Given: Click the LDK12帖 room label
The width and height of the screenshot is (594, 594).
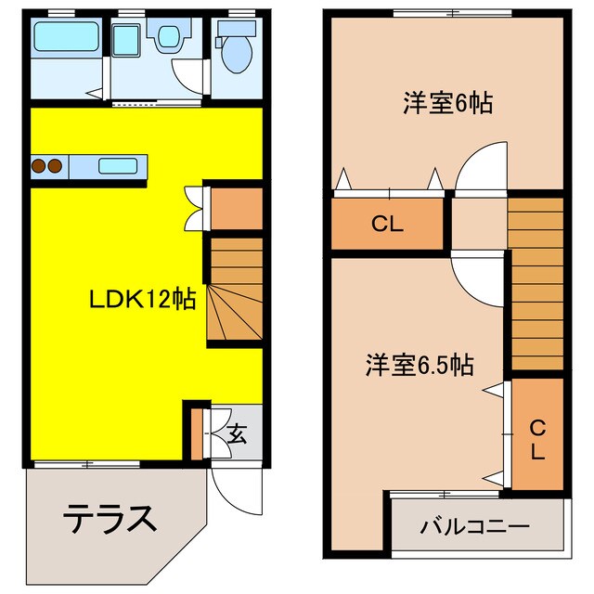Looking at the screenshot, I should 141,299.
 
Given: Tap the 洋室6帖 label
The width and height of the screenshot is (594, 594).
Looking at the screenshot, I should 446,103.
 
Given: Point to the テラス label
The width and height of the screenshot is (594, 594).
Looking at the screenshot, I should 110,518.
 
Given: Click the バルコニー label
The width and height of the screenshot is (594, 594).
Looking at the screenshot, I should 474,527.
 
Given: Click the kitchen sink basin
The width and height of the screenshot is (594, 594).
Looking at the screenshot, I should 118,166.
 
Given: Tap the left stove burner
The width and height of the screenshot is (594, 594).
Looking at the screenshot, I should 39,166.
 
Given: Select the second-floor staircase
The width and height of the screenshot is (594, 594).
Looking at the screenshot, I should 536,283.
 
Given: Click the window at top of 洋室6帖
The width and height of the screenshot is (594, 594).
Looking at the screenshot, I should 451,13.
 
